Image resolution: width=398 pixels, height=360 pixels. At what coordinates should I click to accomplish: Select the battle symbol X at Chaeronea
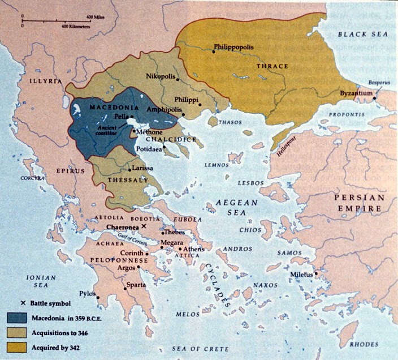tap(144, 226)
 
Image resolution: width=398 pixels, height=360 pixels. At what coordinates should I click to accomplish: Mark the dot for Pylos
tap(98, 297)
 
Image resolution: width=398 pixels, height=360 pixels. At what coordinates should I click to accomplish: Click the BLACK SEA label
tap(364, 35)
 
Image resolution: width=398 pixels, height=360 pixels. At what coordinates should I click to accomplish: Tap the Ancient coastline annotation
tap(107, 131)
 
